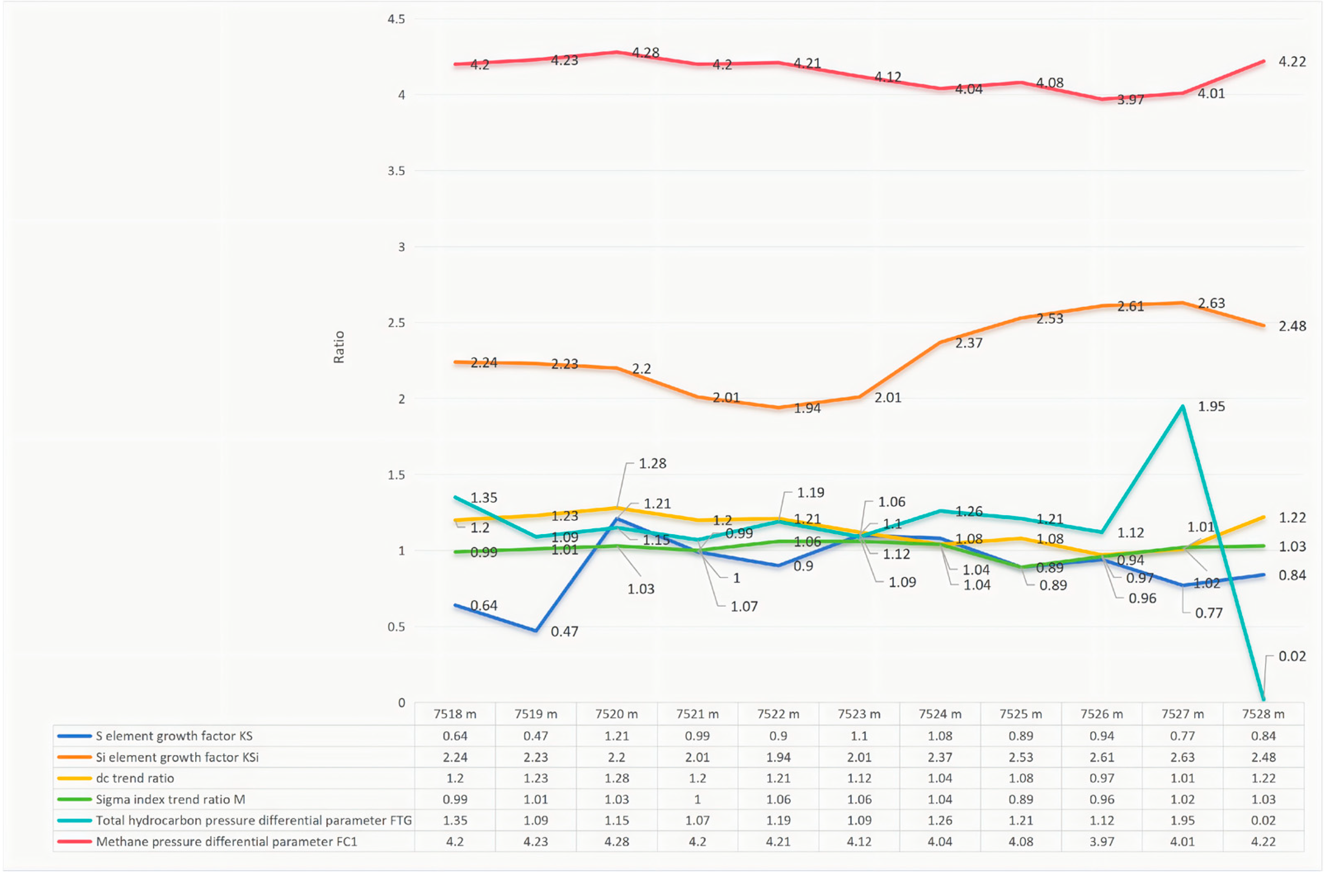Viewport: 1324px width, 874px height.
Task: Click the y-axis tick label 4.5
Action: pos(396,19)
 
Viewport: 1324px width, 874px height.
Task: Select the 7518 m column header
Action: pos(455,714)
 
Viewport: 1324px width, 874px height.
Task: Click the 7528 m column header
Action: pos(1263,714)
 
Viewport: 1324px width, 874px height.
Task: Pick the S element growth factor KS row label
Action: pos(174,736)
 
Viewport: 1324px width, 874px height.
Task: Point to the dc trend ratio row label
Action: pos(135,778)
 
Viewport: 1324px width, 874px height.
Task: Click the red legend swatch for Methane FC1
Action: pos(74,842)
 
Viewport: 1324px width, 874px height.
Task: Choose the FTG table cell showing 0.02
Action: pos(1263,821)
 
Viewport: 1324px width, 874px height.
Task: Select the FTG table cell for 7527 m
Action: pos(1182,821)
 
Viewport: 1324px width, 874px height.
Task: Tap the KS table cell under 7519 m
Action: pos(535,736)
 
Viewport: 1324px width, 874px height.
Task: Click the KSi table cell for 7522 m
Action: pos(778,757)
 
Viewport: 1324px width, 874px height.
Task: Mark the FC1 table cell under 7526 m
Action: pos(1101,842)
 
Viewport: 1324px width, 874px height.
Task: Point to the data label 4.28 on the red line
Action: pos(645,53)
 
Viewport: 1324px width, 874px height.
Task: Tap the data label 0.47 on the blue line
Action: pos(564,632)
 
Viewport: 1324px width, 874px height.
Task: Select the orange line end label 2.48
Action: pos(1292,326)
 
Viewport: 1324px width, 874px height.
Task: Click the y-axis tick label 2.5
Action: pos(396,323)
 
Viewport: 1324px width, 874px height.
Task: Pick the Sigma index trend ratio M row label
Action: pos(170,800)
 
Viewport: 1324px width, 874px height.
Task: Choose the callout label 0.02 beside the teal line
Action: pos(1292,656)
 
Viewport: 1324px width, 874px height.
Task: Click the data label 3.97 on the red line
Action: pos(1131,100)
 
